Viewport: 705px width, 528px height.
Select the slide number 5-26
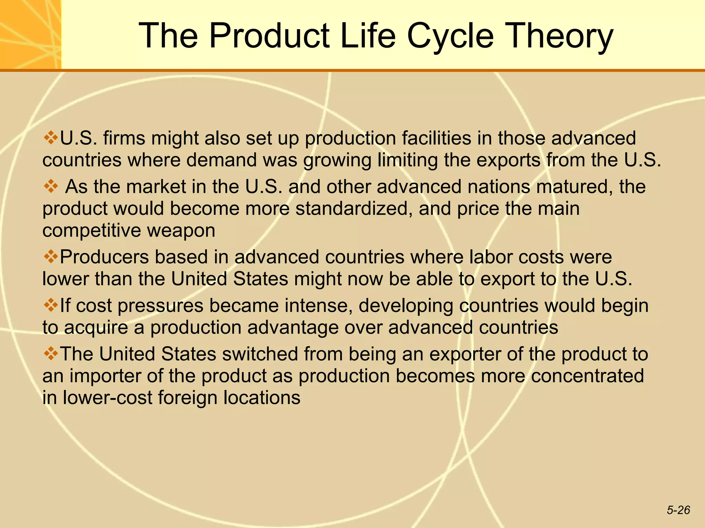coord(678,510)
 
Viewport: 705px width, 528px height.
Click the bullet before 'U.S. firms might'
coord(51,138)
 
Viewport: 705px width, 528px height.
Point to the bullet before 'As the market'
coord(51,187)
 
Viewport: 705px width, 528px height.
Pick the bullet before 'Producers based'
coord(51,257)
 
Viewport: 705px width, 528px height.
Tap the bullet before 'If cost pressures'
coord(51,305)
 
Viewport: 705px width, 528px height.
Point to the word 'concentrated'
coord(587,376)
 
